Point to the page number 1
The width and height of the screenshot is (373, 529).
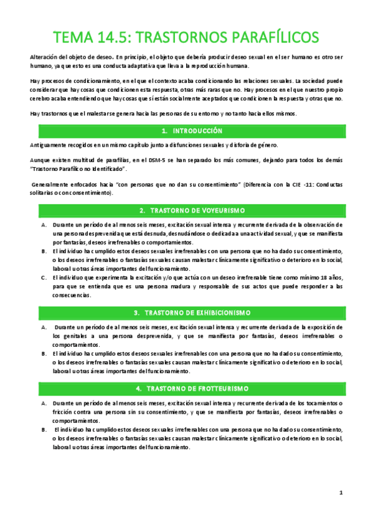click(x=341, y=493)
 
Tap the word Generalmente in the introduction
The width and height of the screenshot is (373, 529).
click(x=53, y=185)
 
